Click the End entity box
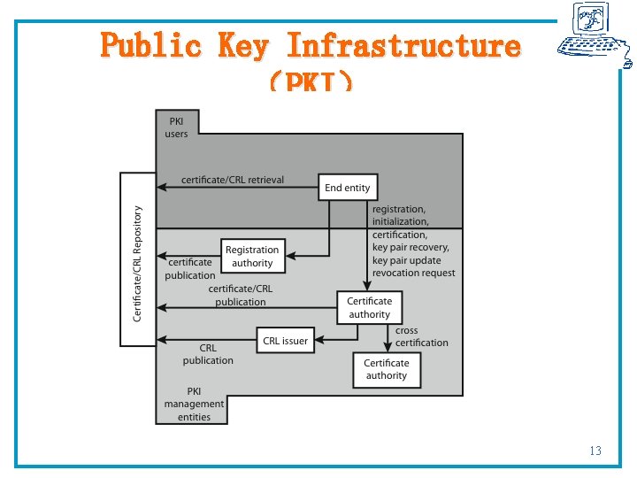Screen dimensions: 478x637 [x=348, y=188]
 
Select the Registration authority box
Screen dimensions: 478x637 [x=252, y=256]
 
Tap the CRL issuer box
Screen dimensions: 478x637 [x=286, y=341]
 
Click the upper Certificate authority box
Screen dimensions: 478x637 [x=369, y=308]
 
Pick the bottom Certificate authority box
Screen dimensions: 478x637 [x=387, y=369]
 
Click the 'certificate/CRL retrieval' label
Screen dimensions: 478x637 [x=233, y=180]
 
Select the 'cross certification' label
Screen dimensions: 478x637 [x=421, y=337]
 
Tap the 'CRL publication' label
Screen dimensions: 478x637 [x=208, y=354]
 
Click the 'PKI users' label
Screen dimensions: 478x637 [x=176, y=127]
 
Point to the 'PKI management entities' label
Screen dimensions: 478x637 [x=194, y=404]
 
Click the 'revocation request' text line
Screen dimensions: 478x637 [x=413, y=274]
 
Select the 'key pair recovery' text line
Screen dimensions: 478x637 [x=411, y=248]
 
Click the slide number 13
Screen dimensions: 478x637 [x=595, y=451]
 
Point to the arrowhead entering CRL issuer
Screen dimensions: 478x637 [x=316, y=340]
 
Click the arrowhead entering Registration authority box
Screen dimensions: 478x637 [x=288, y=256]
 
